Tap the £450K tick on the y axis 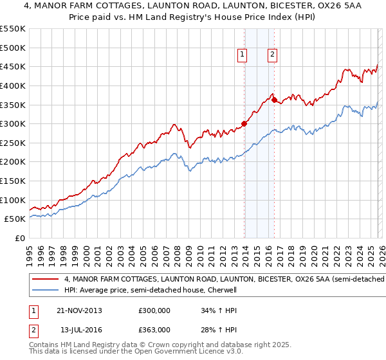pos(13,67)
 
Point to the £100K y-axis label pos(13,200)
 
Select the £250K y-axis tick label pos(13,143)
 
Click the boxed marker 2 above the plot pos(273,55)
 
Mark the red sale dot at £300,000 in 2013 pos(244,123)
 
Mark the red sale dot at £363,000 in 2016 pos(274,100)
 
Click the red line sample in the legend pos(46,280)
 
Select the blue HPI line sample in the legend pos(46,291)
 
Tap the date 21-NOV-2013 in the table pos(80,310)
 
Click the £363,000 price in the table pos(154,329)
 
